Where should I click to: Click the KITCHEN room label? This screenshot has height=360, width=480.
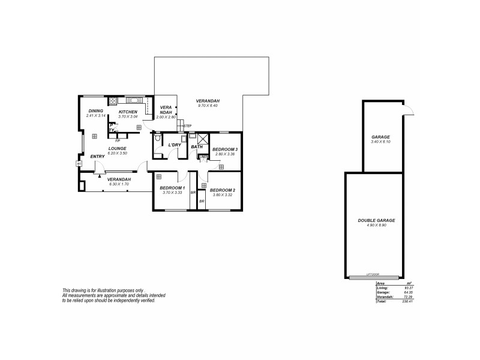tap(128, 112)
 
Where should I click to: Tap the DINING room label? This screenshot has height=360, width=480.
tap(95, 111)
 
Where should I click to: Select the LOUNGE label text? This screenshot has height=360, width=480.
tap(117, 148)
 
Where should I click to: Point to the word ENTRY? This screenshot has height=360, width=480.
tap(97, 157)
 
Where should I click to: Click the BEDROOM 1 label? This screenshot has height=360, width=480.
tap(171, 188)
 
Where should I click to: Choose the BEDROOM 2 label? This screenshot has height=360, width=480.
tap(224, 190)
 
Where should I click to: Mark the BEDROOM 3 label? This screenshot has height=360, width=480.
tap(226, 149)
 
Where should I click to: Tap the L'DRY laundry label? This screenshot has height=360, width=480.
tap(175, 145)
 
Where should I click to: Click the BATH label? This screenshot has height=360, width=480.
tap(196, 146)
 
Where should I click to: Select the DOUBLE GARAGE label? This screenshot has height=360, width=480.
tap(376, 221)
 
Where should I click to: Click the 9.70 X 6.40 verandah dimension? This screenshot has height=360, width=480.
tap(208, 106)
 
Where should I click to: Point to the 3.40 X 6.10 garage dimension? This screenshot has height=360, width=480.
tap(381, 142)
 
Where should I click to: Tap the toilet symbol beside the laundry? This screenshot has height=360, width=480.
tap(157, 139)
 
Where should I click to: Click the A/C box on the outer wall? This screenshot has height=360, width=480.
tap(79, 163)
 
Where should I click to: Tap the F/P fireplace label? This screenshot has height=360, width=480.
tap(118, 140)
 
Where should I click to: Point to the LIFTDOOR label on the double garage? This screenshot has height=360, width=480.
tap(374, 276)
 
